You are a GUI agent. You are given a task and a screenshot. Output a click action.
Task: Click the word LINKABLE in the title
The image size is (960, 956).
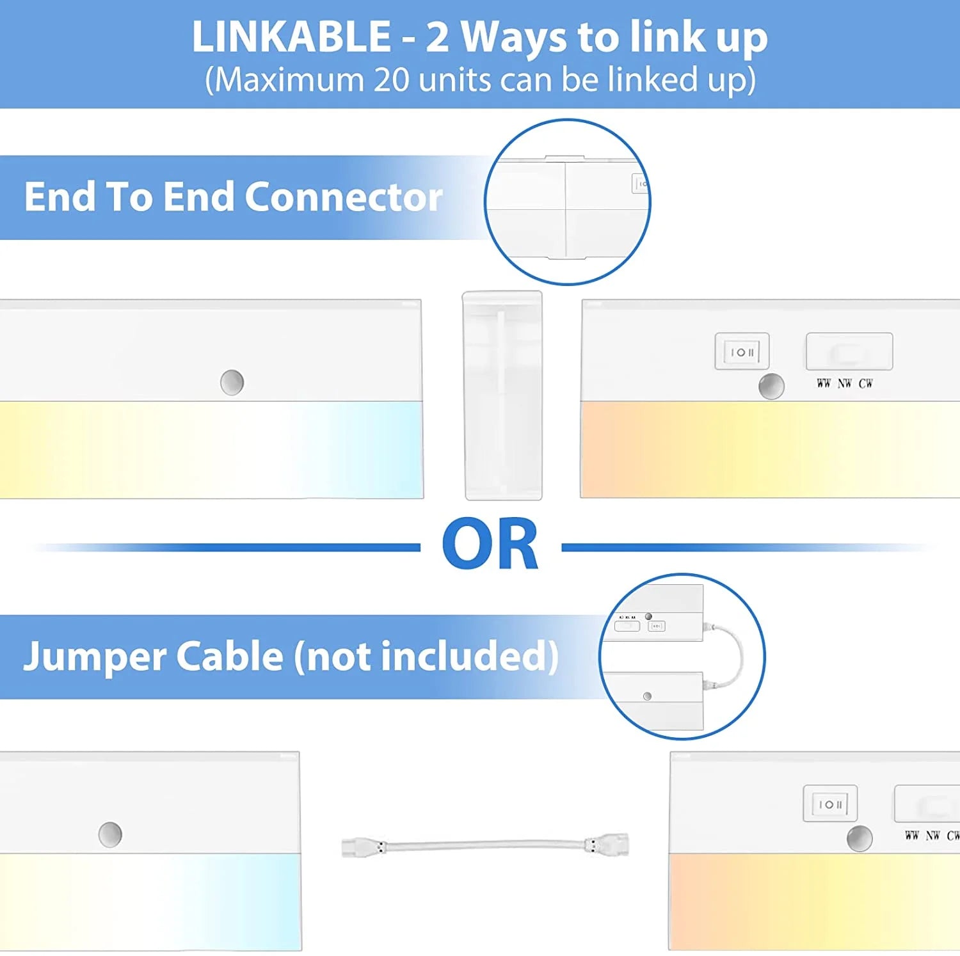click(x=291, y=36)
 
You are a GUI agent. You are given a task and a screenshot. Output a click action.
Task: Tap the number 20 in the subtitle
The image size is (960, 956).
click(x=391, y=80)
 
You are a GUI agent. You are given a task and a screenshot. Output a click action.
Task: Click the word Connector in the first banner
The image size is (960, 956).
click(x=344, y=196)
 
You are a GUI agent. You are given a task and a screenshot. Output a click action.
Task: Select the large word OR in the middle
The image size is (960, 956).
click(x=490, y=544)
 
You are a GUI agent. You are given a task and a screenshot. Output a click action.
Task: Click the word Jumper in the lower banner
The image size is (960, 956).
click(x=95, y=657)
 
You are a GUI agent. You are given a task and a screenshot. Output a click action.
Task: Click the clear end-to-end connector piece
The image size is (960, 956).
click(x=502, y=395)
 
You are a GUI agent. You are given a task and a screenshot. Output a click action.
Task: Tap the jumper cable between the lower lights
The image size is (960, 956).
click(x=485, y=846)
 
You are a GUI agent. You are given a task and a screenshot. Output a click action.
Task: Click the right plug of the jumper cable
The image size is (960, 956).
click(x=607, y=845)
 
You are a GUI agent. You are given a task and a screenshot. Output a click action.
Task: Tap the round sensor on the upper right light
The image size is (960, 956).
click(x=771, y=386)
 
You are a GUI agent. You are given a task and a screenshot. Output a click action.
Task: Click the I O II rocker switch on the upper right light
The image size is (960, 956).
click(x=742, y=351)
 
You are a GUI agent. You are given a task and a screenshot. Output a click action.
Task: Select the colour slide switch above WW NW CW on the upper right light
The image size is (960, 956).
click(x=849, y=351)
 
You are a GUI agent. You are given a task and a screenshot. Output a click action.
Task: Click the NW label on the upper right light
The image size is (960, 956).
click(x=845, y=383)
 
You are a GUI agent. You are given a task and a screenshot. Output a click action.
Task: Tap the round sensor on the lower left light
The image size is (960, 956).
click(x=110, y=834)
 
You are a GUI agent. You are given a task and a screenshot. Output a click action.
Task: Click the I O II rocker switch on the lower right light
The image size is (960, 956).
click(x=830, y=804)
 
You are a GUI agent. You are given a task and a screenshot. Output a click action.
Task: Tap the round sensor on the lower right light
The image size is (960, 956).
click(x=860, y=839)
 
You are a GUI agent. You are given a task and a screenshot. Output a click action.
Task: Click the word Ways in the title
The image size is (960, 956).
click(x=513, y=38)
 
